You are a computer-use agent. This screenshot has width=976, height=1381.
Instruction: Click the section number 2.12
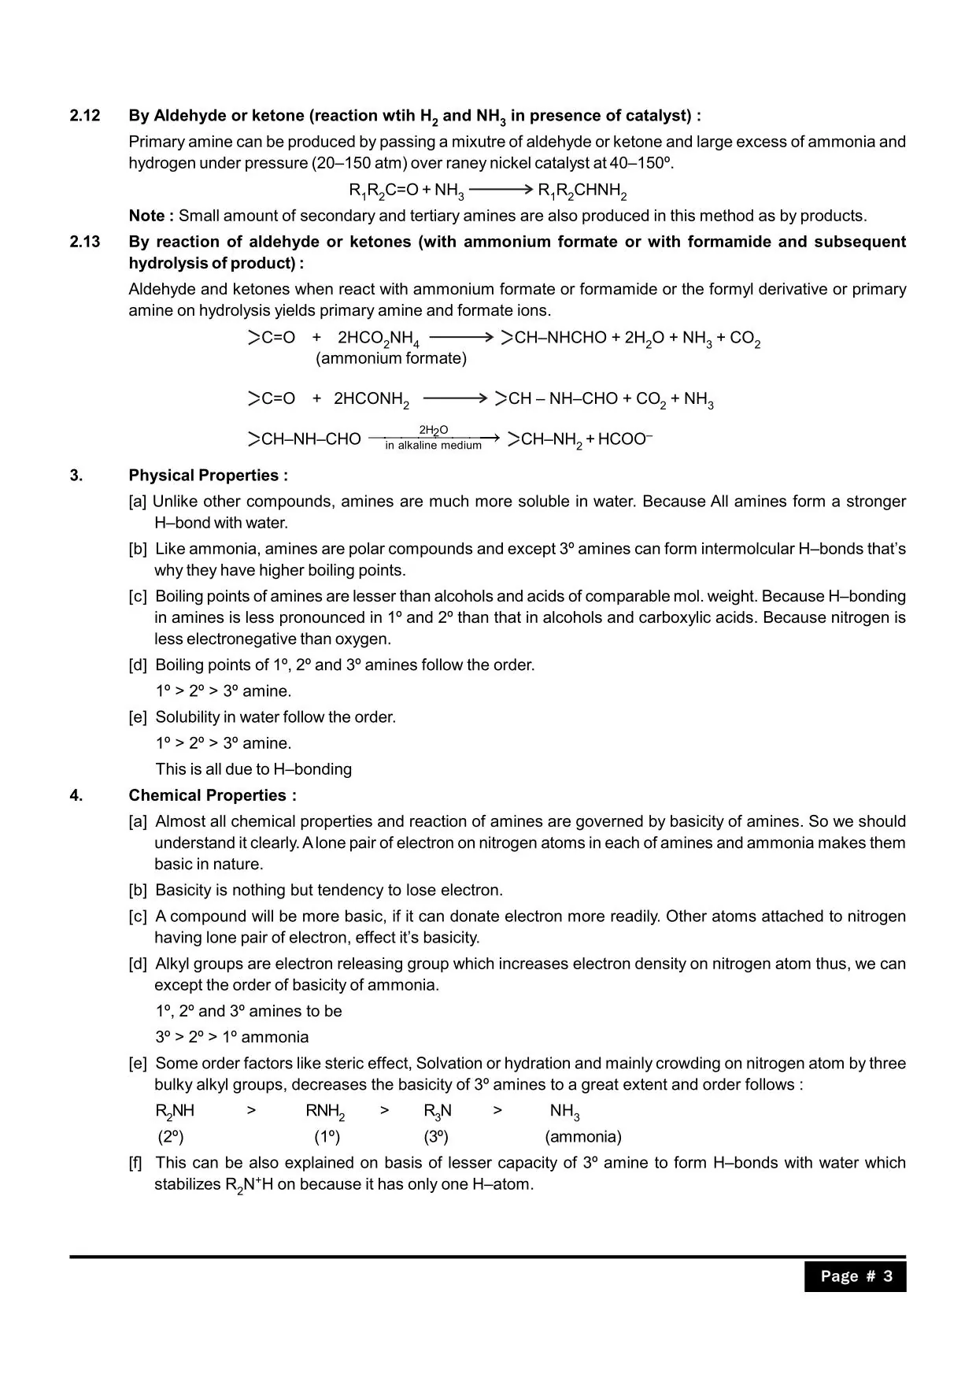pyautogui.click(x=85, y=116)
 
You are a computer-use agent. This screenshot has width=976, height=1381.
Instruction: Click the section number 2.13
pyautogui.click(x=85, y=242)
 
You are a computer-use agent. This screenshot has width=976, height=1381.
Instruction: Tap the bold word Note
pyautogui.click(x=146, y=216)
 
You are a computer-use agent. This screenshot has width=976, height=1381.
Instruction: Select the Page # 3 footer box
pyautogui.click(x=855, y=1276)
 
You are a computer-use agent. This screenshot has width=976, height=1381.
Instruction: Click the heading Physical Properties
pyautogui.click(x=208, y=476)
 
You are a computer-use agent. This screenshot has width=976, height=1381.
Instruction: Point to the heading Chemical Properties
pyautogui.click(x=213, y=795)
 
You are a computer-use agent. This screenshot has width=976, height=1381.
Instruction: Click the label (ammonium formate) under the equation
pyautogui.click(x=390, y=359)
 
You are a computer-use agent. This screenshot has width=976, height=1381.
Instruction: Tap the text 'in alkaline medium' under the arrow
pyautogui.click(x=433, y=446)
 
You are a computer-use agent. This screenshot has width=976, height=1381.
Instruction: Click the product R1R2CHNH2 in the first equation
pyautogui.click(x=582, y=191)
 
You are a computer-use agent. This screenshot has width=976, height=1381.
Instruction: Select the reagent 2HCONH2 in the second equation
pyautogui.click(x=372, y=399)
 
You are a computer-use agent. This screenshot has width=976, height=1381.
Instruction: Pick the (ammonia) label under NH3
pyautogui.click(x=582, y=1137)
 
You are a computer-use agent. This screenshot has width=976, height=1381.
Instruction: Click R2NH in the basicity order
pyautogui.click(x=175, y=1111)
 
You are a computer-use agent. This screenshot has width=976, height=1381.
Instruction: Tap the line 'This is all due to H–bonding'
pyautogui.click(x=253, y=769)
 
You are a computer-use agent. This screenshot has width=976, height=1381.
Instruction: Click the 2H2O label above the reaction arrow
pyautogui.click(x=433, y=430)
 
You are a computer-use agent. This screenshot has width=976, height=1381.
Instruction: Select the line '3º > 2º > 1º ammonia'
pyautogui.click(x=232, y=1037)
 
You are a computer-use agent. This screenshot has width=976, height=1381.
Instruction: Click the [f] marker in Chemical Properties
pyautogui.click(x=135, y=1163)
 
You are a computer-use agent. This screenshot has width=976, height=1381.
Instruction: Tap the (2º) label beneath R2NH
pyautogui.click(x=171, y=1137)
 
